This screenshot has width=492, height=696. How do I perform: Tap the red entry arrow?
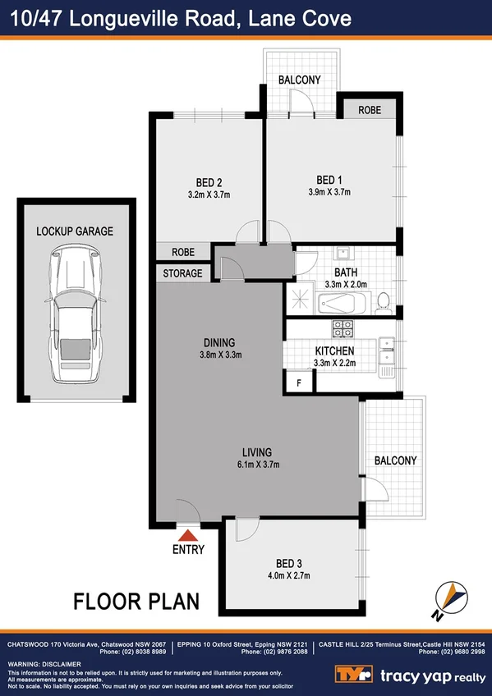point(188,535)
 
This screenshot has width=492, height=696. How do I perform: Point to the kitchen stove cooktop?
point(343,328)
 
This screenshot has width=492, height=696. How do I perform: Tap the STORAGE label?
point(183,273)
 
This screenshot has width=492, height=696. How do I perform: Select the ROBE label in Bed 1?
point(368,109)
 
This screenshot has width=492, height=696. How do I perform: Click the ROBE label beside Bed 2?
point(183,253)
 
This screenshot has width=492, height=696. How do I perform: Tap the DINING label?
point(220,342)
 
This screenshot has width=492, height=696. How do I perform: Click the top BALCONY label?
point(299,80)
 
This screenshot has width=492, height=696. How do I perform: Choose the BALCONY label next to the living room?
point(395,461)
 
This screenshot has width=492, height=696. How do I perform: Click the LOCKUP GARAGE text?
point(75,231)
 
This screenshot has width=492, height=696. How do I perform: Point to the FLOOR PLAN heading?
point(136,601)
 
